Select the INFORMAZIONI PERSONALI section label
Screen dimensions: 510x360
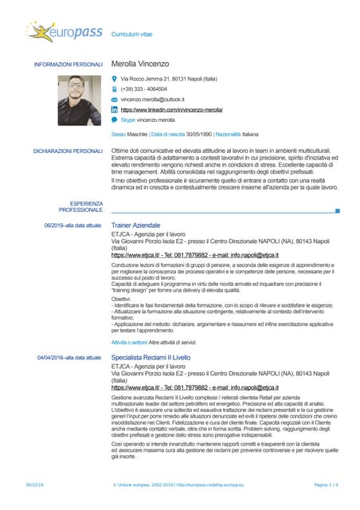68,64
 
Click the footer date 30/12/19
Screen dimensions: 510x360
34,484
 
